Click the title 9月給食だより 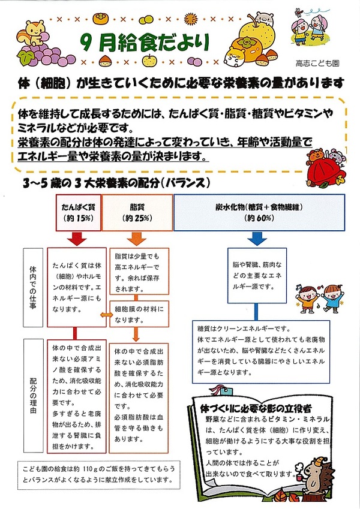coord(145,43)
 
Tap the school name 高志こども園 coord(317,63)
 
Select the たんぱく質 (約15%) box coord(79,213)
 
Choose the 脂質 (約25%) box coord(137,213)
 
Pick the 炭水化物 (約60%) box coord(259,213)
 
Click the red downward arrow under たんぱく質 coord(77,239)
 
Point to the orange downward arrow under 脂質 coord(136,239)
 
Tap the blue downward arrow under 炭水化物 coord(257,239)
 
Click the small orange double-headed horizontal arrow coord(106,315)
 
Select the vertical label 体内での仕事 coord(33,288)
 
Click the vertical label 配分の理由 coord(33,395)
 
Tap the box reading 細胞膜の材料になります coord(139,314)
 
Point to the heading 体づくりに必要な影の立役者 coord(256,408)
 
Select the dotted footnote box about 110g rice coord(99,474)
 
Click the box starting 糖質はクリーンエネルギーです coord(261,352)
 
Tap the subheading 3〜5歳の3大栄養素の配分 coord(116,183)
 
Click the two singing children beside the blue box coord(320,298)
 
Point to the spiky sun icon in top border coord(191,19)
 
